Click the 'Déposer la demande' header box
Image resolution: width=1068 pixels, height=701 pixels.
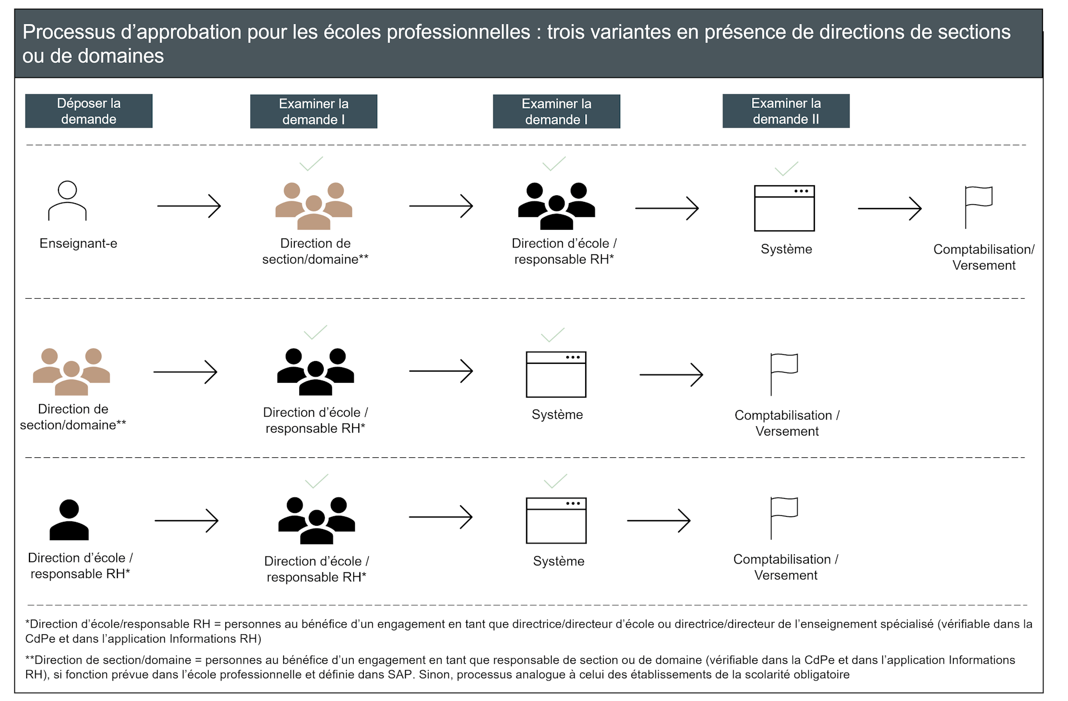pyautogui.click(x=88, y=111)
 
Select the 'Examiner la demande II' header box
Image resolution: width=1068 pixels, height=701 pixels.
pyautogui.click(x=785, y=111)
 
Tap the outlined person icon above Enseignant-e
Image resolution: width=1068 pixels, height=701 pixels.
pyautogui.click(x=67, y=201)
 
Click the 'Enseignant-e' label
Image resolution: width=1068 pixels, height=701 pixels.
pyautogui.click(x=78, y=243)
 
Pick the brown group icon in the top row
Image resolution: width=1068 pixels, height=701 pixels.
pyautogui.click(x=314, y=206)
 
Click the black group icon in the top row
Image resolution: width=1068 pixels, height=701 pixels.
pyautogui.click(x=556, y=206)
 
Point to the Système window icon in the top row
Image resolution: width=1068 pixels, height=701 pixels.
pyautogui.click(x=784, y=208)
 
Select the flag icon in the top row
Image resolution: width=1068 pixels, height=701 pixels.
pyautogui.click(x=978, y=207)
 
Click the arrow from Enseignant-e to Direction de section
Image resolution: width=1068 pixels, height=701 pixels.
pyautogui.click(x=189, y=206)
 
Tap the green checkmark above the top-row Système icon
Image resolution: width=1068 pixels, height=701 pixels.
pyautogui.click(x=786, y=168)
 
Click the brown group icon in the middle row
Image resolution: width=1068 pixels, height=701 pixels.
pyautogui.click(x=71, y=372)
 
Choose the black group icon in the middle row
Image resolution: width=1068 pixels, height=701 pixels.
pyautogui.click(x=315, y=372)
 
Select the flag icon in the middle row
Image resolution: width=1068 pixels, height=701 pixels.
pyautogui.click(x=783, y=374)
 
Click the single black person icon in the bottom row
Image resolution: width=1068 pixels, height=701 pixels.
pyautogui.click(x=69, y=520)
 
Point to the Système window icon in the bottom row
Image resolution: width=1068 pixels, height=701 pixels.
pyautogui.click(x=556, y=520)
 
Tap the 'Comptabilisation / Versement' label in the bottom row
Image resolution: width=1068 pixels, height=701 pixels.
pyautogui.click(x=785, y=567)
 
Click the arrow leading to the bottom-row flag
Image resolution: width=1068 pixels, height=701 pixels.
pyautogui.click(x=659, y=520)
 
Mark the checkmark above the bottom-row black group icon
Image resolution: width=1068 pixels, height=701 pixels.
pyautogui.click(x=317, y=481)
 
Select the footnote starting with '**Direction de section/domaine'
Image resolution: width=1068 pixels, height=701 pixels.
pyautogui.click(x=520, y=667)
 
